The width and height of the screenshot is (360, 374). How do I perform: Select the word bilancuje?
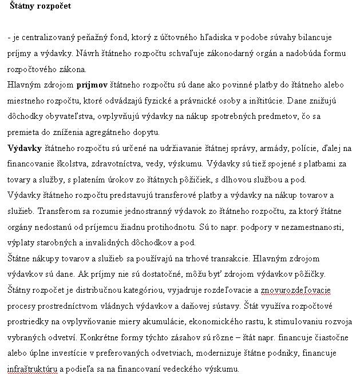pyautogui.click(x=314, y=37)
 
